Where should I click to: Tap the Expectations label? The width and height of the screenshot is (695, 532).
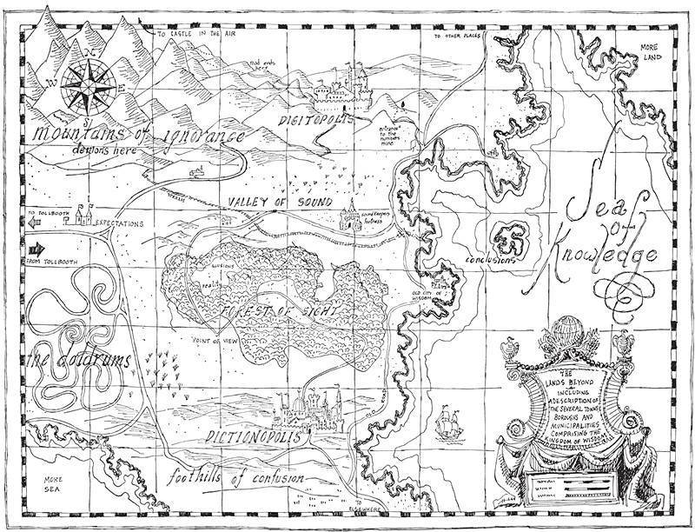(118, 223)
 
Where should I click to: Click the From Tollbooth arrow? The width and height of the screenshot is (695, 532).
(36, 253)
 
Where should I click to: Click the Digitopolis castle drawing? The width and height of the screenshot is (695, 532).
(348, 87)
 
